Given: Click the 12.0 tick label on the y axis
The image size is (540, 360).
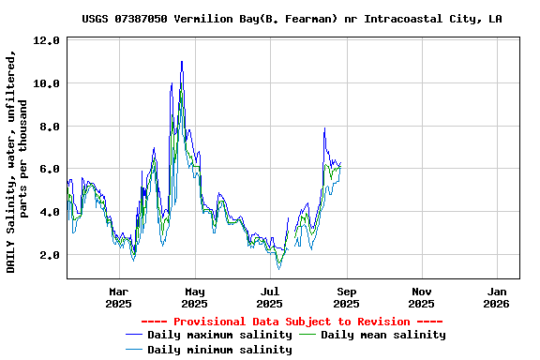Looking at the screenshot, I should coord(45,41).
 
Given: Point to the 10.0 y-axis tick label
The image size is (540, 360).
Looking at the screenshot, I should coord(45,83).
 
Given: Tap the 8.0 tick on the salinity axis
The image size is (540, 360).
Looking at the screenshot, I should coord(49,127).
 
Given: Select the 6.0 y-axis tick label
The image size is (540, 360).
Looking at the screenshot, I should coord(49,169).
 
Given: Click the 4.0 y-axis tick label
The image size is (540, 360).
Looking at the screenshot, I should coord(49,212).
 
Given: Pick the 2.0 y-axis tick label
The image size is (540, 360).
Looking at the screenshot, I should coord(49,255).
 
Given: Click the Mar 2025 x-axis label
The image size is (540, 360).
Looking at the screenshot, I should coord(119,297).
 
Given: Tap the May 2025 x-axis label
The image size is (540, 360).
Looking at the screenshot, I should coord(194,297).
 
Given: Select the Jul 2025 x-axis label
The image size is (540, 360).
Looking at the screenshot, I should coord(270,297).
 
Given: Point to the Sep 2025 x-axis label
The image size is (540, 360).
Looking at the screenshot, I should coord(346,297).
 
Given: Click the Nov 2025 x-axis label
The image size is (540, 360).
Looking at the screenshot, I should coord(422,297).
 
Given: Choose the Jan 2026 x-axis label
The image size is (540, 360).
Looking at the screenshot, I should coord(497,297).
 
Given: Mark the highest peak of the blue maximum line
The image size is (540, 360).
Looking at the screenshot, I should coord(182,62).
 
